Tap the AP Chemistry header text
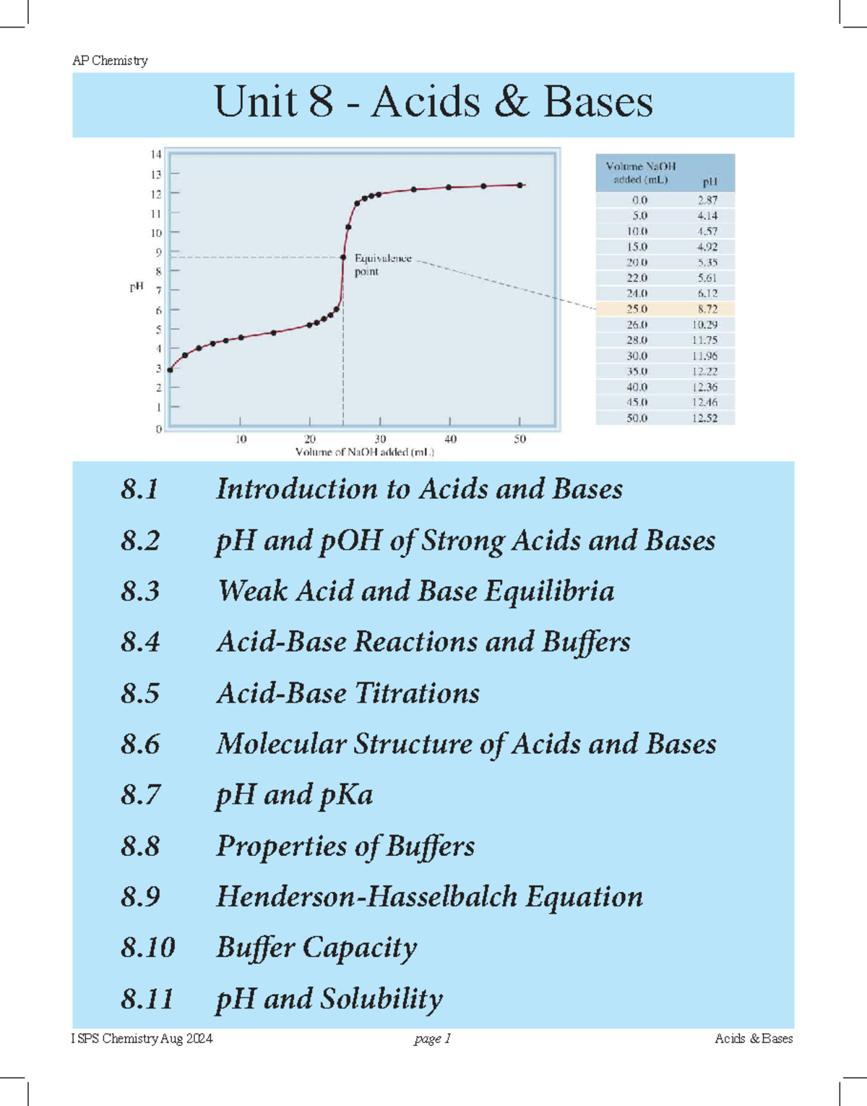[110, 61]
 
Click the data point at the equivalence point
[343, 257]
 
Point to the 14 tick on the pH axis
[156, 154]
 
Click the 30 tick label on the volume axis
[380, 439]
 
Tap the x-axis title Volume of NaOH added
[364, 453]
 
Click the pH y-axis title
[137, 287]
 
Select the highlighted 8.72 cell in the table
[707, 309]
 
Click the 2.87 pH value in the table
[707, 200]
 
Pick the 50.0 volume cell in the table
[637, 418]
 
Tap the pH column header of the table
[709, 181]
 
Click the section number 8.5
[140, 693]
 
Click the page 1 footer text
[432, 1039]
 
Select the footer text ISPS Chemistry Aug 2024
[142, 1039]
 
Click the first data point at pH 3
[170, 369]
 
